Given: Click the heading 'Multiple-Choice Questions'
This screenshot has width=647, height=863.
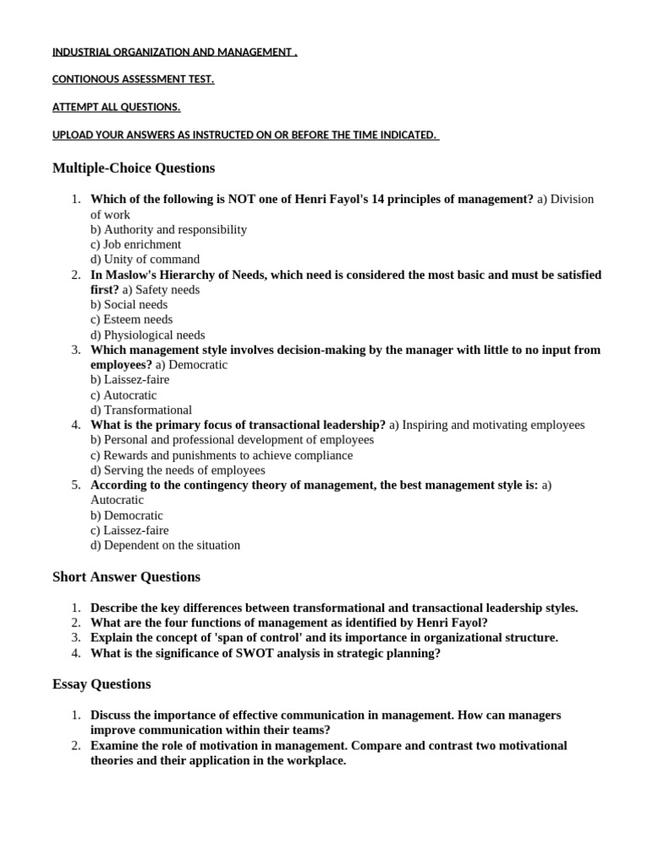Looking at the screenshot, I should [133, 168].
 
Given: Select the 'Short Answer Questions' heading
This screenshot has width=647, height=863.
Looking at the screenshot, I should [126, 577].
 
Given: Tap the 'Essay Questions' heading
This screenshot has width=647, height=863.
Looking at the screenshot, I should [101, 684].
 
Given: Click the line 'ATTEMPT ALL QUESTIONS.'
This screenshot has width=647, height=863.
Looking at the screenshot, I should [116, 108].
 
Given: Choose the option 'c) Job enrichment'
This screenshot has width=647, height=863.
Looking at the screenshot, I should [136, 244].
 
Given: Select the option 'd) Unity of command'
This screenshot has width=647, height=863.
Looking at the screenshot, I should [145, 260].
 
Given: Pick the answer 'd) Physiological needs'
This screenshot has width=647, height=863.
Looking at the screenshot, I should [147, 335].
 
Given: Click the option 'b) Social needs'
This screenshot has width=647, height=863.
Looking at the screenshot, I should [129, 304].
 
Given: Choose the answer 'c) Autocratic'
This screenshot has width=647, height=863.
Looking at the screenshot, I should [124, 395].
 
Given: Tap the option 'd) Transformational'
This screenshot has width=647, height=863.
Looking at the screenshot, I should [142, 410].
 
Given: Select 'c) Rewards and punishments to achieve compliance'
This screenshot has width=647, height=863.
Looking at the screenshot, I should [222, 455].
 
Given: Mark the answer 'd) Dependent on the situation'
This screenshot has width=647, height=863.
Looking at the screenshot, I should [165, 545].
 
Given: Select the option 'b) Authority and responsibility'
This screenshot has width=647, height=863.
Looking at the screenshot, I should [168, 229].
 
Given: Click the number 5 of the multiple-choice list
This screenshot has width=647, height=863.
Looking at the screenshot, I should [76, 485].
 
